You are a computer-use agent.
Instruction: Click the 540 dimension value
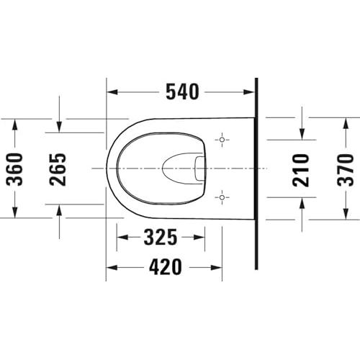182,91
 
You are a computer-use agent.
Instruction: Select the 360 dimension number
14,169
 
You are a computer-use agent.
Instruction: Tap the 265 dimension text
58,169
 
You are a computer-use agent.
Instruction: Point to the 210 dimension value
301,171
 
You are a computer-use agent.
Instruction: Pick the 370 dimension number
346,170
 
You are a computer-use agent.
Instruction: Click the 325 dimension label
161,238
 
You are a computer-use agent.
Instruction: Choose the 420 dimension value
166,267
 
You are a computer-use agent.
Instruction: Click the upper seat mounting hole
222,140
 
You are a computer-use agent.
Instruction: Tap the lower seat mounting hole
222,197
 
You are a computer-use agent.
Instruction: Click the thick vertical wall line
256,174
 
